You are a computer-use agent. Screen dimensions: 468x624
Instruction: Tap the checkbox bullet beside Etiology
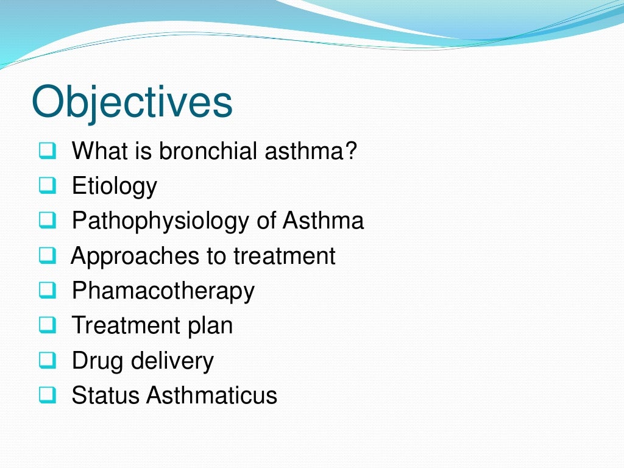click(x=46, y=185)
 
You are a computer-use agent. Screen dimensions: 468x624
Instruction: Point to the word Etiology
click(x=115, y=186)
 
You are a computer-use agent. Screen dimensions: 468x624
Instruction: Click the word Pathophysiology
click(x=161, y=221)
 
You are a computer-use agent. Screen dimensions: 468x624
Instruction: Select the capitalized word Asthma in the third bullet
click(x=323, y=220)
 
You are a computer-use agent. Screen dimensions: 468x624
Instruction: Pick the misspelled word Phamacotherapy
click(x=163, y=291)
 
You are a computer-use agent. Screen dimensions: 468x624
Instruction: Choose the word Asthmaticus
click(x=211, y=395)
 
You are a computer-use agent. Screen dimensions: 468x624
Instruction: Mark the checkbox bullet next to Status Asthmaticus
click(x=46, y=395)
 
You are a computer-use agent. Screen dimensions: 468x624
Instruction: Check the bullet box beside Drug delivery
click(x=46, y=361)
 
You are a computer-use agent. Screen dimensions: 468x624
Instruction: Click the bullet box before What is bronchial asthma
click(x=46, y=151)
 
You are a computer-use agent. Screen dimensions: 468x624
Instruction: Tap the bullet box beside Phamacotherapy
click(x=46, y=291)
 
